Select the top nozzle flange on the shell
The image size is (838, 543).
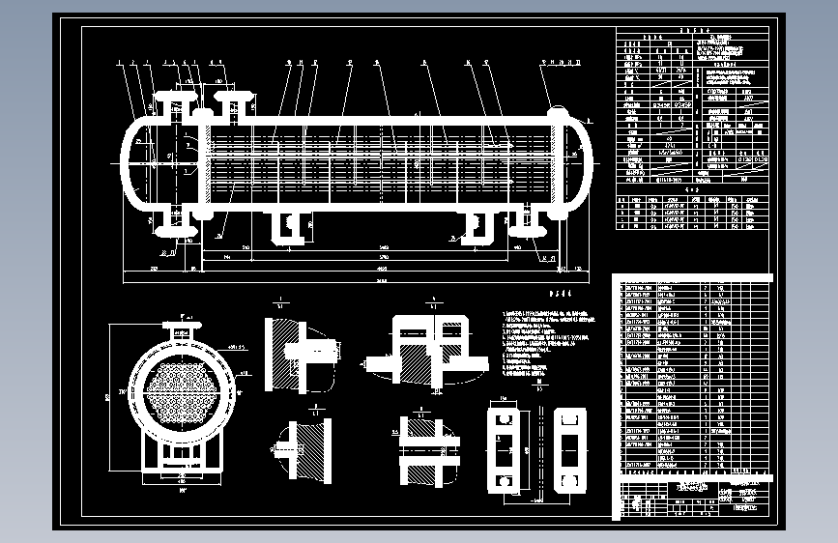click(x=233, y=98)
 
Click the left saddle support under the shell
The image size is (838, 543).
click(x=287, y=226)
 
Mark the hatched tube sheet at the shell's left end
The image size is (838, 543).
click(x=205, y=161)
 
